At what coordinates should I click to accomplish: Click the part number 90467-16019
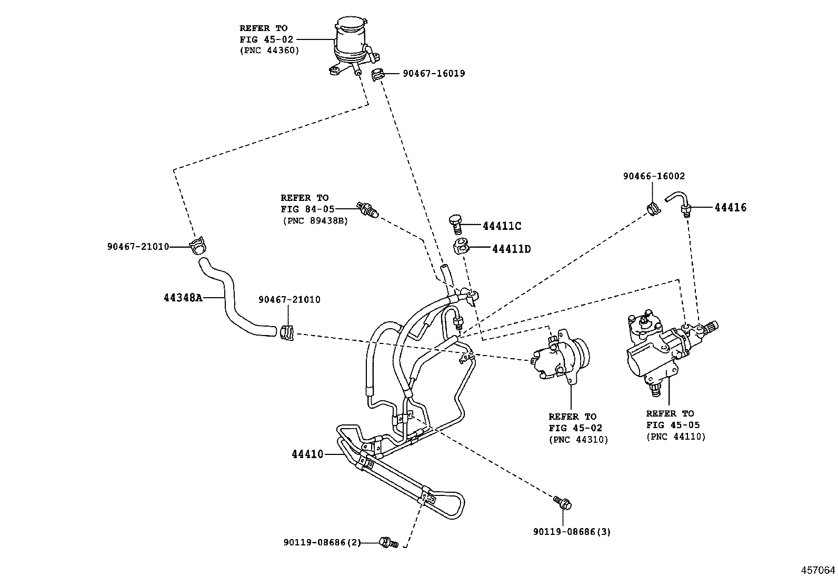point(434,74)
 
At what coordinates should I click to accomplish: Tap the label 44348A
point(183,298)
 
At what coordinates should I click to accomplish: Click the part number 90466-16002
point(654,177)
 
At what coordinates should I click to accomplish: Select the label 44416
point(730,208)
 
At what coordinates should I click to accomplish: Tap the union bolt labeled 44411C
point(455,223)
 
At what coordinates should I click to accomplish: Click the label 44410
point(307,454)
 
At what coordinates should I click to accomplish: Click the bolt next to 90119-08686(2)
point(388,542)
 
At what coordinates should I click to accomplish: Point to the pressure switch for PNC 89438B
point(366,209)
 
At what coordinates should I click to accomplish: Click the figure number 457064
point(817,570)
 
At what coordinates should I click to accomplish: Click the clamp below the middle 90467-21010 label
point(287,332)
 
